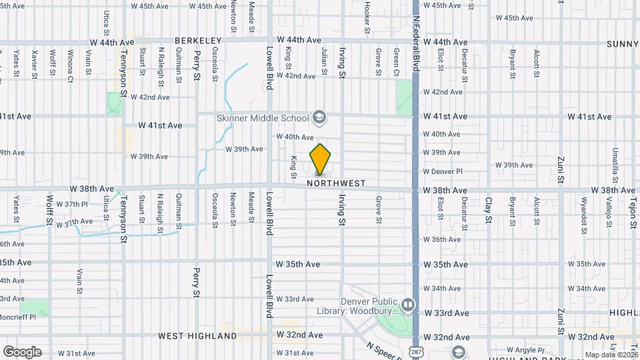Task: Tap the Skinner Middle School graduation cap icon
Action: pyautogui.click(x=319, y=118)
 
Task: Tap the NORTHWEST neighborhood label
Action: pyautogui.click(x=336, y=182)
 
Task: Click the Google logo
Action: pyautogui.click(x=22, y=352)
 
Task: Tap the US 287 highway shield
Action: pyautogui.click(x=417, y=351)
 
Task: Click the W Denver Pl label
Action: pyautogui.click(x=443, y=171)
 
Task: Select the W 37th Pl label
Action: pyautogui.click(x=72, y=204)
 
